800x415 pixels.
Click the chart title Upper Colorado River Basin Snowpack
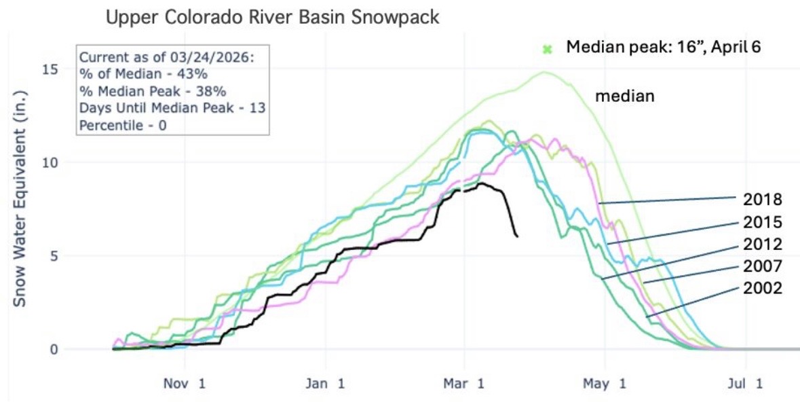[x=272, y=18]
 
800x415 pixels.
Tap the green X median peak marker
[x=548, y=49]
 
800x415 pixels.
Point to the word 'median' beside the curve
[x=624, y=96]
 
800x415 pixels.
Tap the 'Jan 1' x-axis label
[x=324, y=384]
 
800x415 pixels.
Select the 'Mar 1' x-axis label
[x=464, y=384]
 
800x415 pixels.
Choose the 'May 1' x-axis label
[x=605, y=384]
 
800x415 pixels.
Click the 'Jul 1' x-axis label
[x=744, y=384]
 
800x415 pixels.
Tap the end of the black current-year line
[x=518, y=236]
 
